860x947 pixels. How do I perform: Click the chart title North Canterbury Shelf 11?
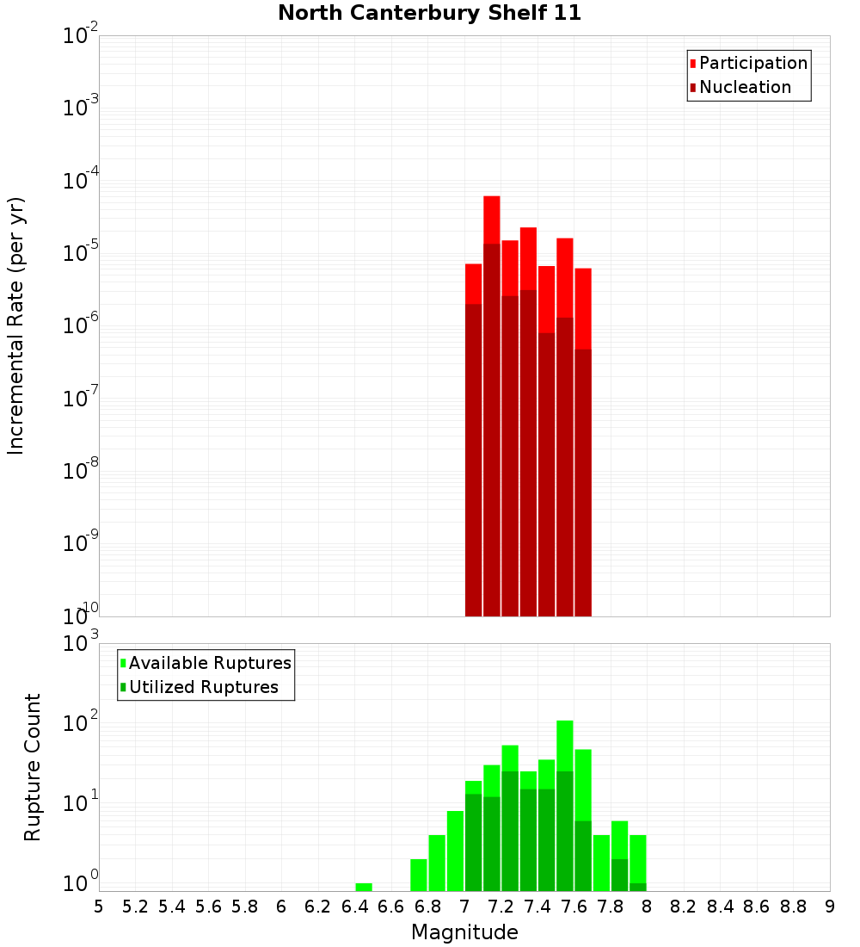coord(429,14)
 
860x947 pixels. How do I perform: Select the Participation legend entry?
coord(748,63)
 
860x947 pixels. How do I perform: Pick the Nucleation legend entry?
coord(740,87)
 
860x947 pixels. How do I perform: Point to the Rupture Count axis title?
coord(33,766)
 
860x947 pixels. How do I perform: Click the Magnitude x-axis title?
coord(464,932)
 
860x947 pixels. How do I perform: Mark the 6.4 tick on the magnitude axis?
coord(354,906)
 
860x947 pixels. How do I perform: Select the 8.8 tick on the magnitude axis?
coord(793,906)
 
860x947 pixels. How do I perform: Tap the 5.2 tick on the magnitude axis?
coord(135,906)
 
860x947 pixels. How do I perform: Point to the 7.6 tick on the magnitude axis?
coord(574,906)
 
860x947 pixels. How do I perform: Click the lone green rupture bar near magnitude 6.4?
coord(364,887)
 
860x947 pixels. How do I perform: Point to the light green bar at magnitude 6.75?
coord(419,875)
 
